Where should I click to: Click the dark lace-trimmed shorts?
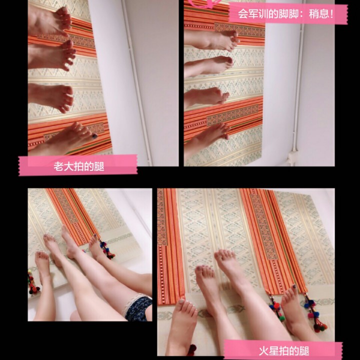(137, 307)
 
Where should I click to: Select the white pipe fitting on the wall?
(292, 157)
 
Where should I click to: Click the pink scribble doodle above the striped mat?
(205, 3)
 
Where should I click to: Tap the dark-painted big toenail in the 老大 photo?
(94, 136)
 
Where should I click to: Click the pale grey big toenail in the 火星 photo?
(181, 301)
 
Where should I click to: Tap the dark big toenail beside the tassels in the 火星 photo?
(294, 287)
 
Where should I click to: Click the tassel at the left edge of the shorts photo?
(32, 282)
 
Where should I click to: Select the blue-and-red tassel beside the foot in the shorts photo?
(106, 249)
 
